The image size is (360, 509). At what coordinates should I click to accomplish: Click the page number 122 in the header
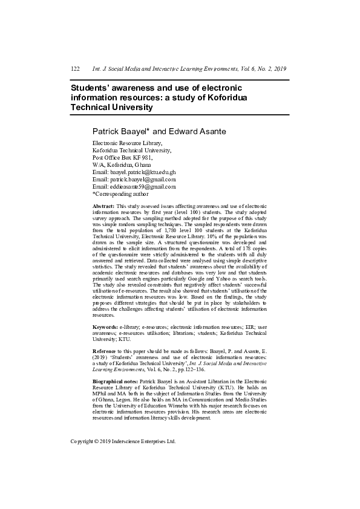[x=76, y=70]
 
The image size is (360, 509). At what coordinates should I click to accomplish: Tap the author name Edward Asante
[x=191, y=131]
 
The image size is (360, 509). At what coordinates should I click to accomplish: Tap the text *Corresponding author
[x=120, y=194]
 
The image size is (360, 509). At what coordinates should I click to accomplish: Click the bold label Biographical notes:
[x=115, y=382]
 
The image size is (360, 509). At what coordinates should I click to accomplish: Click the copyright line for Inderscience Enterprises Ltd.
[x=123, y=441]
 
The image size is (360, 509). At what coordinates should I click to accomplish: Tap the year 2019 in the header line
[x=276, y=70]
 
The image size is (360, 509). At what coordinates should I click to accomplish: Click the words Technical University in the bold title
[x=113, y=107]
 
